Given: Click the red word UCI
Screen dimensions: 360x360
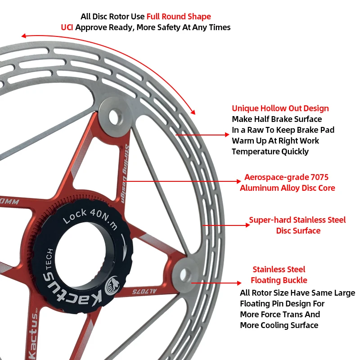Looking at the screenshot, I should (67, 27).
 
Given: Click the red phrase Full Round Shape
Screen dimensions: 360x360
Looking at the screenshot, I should (179, 17).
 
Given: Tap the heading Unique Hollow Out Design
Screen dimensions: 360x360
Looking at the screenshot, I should (280, 108).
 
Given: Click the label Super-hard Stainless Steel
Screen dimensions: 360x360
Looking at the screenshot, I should (297, 220).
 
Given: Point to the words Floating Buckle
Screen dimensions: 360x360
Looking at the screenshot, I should (279, 280).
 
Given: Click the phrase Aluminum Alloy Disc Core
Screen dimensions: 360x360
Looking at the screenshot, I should (287, 188).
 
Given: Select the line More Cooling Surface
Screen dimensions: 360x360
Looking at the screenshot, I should (279, 325).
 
